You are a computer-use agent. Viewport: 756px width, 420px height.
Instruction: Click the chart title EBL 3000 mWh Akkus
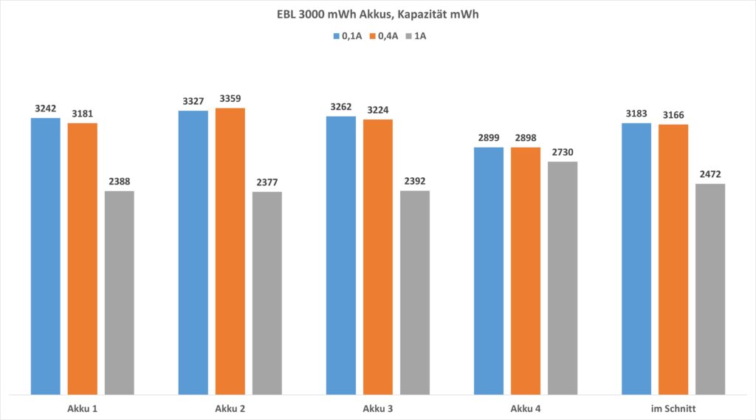click(377, 13)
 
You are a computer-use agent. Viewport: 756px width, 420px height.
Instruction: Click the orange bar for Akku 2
click(230, 251)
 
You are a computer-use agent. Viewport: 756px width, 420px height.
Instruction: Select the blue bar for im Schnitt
click(636, 258)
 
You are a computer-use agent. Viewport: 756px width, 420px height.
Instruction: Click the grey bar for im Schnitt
click(709, 289)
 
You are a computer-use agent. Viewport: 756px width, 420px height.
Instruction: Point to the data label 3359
click(230, 98)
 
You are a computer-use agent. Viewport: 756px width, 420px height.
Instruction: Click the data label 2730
click(562, 152)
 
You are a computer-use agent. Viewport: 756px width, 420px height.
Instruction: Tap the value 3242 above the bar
click(45, 108)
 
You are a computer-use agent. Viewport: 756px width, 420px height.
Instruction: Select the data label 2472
click(709, 174)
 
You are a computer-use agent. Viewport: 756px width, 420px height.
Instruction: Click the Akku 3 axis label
click(377, 407)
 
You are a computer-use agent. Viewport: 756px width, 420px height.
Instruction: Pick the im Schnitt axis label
click(673, 407)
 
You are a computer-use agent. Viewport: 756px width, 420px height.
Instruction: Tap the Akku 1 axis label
click(82, 407)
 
